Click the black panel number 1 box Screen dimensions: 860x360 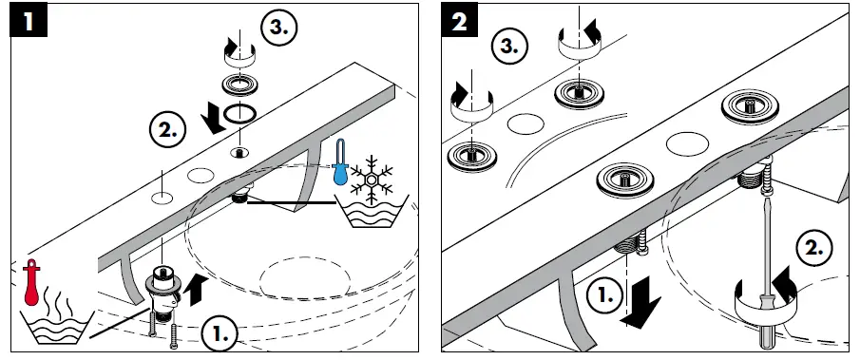[x=29, y=22]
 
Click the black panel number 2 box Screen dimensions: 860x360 [x=460, y=22]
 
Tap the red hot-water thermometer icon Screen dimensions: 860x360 [x=31, y=282]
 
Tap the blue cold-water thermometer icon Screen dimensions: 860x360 [x=340, y=161]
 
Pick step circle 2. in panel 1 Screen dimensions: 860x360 [x=168, y=131]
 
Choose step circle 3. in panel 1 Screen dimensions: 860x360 [x=278, y=28]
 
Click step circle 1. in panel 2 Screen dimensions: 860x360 [x=605, y=296]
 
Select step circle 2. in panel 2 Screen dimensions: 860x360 [x=813, y=248]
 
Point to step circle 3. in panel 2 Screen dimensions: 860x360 [x=509, y=46]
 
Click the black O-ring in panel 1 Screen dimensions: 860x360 [x=239, y=113]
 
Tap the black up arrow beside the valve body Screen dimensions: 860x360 [x=197, y=290]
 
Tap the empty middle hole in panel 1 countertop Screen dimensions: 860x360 [x=201, y=176]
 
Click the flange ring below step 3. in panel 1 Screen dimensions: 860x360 [x=239, y=85]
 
